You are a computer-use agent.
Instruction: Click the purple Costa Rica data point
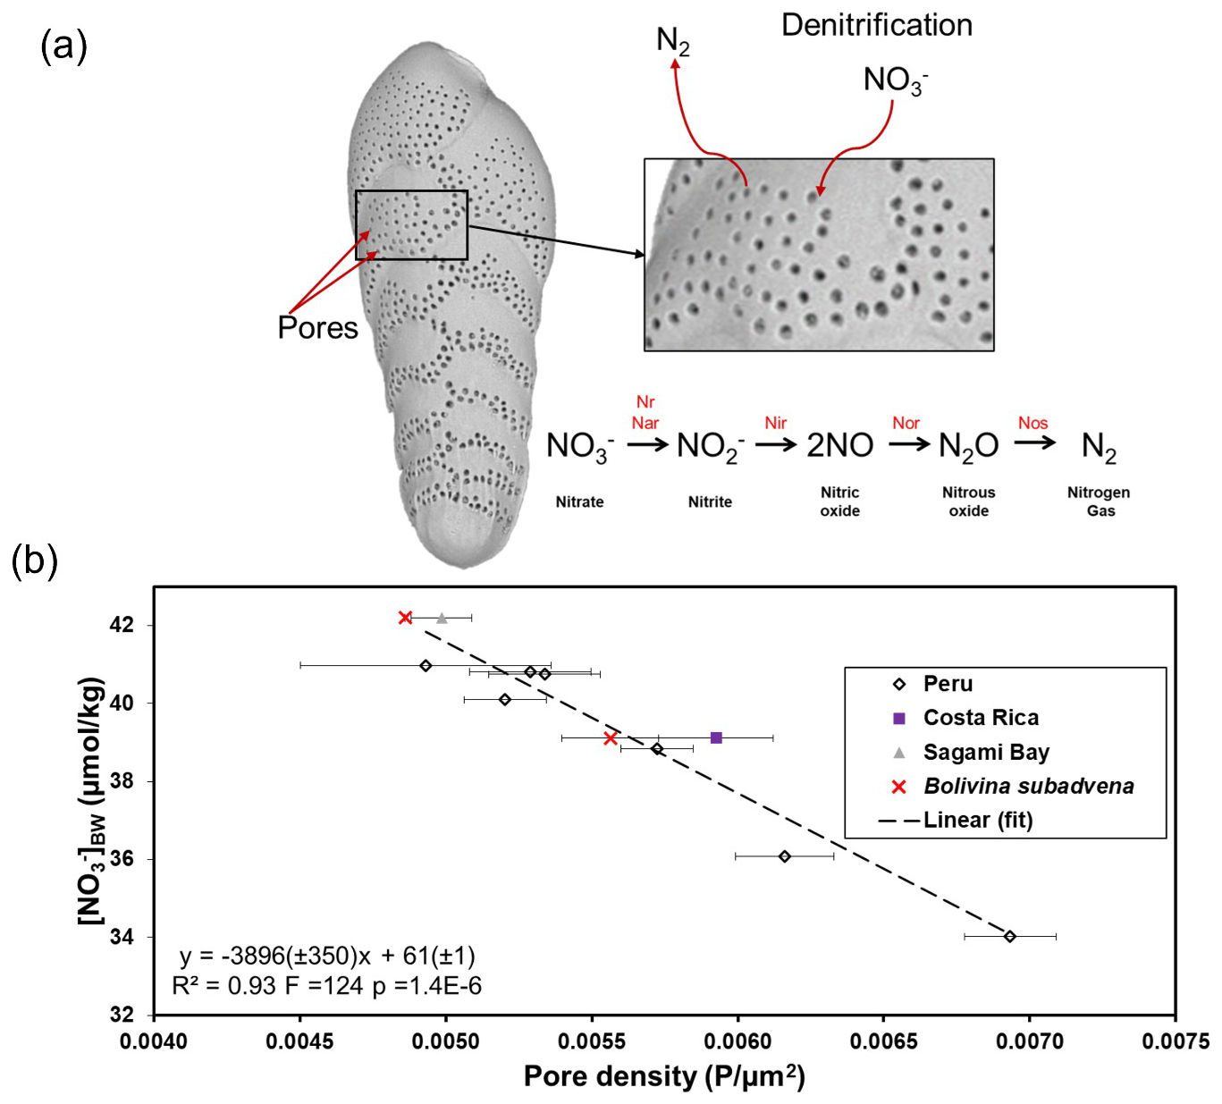(716, 737)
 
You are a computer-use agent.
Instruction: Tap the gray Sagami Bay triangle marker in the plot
(442, 618)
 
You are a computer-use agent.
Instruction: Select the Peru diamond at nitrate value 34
(1010, 936)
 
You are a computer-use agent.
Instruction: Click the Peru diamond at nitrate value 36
(784, 856)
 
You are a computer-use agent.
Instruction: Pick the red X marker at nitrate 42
(405, 618)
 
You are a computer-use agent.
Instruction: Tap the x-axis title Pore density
(664, 1076)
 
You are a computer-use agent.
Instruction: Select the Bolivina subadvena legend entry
(1028, 787)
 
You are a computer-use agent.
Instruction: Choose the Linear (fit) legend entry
(977, 821)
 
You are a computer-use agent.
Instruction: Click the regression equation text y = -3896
(327, 956)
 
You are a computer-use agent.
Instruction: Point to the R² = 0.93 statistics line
(327, 986)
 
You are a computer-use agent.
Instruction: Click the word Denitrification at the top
(876, 25)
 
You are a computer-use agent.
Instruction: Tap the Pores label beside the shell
(317, 328)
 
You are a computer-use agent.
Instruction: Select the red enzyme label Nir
(775, 423)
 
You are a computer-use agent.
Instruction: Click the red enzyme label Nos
(1032, 423)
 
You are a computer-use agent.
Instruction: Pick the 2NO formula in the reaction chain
(839, 445)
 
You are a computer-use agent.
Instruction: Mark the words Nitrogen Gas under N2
(1099, 501)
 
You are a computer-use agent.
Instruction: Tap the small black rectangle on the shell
(411, 225)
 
